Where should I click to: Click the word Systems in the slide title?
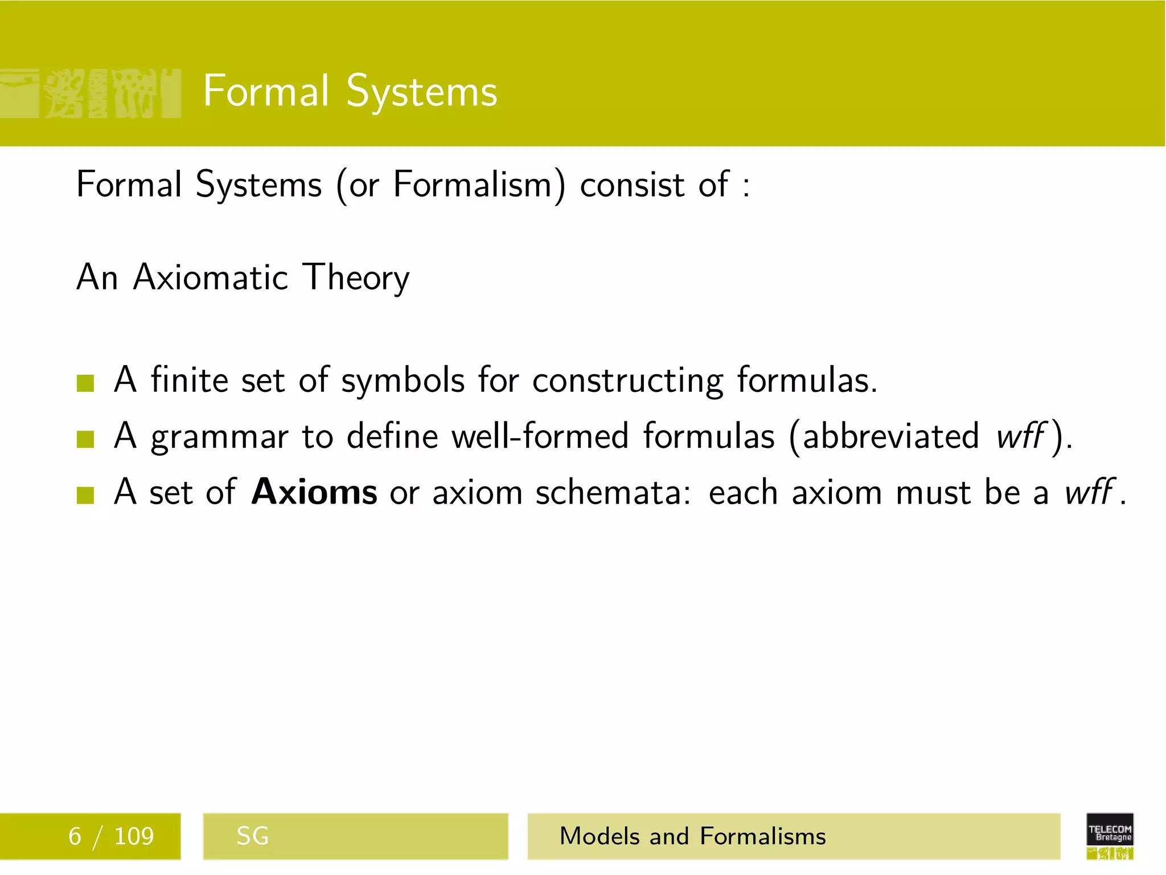point(421,92)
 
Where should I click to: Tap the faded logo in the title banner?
point(91,93)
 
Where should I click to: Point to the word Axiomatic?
point(211,278)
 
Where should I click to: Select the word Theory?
point(356,279)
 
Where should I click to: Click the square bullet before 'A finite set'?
point(85,383)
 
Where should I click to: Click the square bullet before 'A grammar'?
point(85,439)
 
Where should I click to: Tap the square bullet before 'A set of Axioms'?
point(85,494)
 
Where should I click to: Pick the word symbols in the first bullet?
point(403,381)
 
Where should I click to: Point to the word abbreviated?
point(891,436)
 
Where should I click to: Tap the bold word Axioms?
point(314,492)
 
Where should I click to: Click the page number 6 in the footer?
point(75,836)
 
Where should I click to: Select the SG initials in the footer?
point(252,836)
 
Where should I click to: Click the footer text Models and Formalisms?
point(692,836)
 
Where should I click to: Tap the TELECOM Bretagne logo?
point(1110,835)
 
